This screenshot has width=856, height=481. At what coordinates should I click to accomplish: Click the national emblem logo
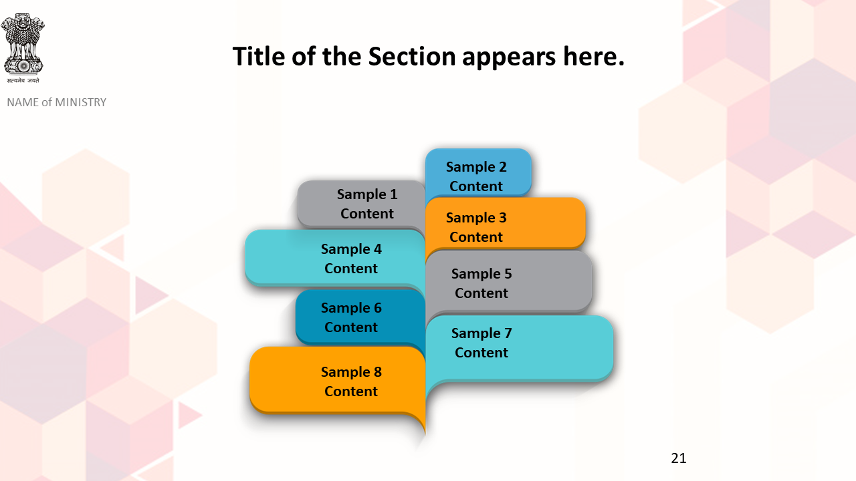(x=23, y=44)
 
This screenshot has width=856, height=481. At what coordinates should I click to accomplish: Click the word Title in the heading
(x=259, y=57)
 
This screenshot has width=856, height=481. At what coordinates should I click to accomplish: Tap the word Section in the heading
(x=411, y=57)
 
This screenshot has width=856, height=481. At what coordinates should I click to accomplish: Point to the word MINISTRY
(x=80, y=102)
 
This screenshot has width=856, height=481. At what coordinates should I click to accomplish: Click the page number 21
(x=679, y=458)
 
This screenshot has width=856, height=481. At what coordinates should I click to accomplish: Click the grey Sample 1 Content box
(x=361, y=204)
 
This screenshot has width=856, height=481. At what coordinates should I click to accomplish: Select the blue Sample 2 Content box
(x=477, y=172)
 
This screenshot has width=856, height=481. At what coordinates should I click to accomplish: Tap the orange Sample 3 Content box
(x=505, y=223)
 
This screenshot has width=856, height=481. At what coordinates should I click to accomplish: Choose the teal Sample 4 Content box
(x=335, y=258)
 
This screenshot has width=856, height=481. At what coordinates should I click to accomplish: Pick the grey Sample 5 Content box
(x=509, y=282)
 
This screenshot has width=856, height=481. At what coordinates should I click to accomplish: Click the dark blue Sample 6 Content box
(x=360, y=317)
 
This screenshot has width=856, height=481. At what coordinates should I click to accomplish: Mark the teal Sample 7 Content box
(x=520, y=348)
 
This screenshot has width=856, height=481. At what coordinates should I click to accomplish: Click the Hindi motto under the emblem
(x=23, y=81)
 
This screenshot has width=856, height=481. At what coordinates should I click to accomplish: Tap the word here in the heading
(x=594, y=57)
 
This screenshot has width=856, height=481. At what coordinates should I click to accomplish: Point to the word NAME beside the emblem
(x=23, y=102)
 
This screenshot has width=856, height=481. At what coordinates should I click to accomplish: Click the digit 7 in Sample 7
(x=508, y=333)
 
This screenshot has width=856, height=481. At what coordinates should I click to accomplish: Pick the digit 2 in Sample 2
(x=502, y=167)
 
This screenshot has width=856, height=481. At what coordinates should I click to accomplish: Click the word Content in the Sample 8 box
(x=351, y=391)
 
